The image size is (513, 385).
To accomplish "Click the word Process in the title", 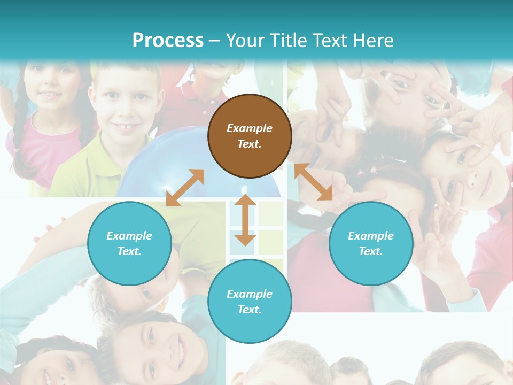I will click(x=168, y=41).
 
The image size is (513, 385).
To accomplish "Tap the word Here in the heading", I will click(x=372, y=41).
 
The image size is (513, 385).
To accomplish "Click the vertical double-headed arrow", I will click(x=245, y=220).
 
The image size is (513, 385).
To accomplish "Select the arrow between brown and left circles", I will click(x=185, y=188).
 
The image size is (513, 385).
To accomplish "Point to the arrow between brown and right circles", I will click(x=314, y=182).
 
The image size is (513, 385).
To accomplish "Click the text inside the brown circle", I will click(x=250, y=136).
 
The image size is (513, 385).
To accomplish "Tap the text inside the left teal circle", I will click(x=129, y=243).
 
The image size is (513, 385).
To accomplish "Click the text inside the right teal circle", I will click(x=371, y=243).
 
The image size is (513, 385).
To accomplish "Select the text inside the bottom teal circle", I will click(x=250, y=302).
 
